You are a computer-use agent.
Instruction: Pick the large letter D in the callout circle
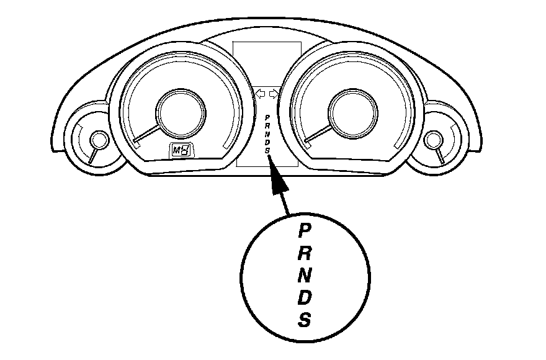[305, 298]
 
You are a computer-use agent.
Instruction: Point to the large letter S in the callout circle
[304, 320]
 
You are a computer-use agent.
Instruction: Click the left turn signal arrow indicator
[261, 94]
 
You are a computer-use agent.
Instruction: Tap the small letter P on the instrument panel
[267, 117]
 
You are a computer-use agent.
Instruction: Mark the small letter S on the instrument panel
[267, 150]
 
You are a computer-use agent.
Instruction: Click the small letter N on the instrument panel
[267, 133]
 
